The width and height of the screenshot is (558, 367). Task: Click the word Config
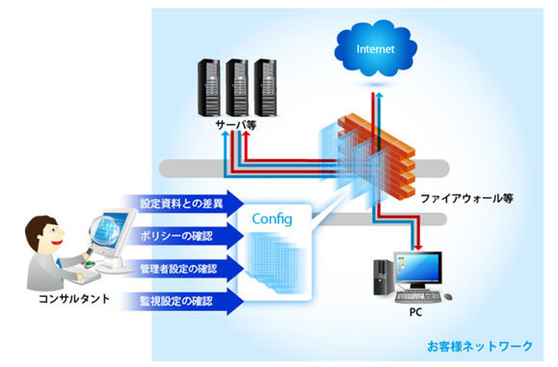(x=271, y=219)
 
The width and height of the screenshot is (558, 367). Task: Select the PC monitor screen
(x=418, y=271)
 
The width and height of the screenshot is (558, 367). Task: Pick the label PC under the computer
(x=415, y=313)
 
